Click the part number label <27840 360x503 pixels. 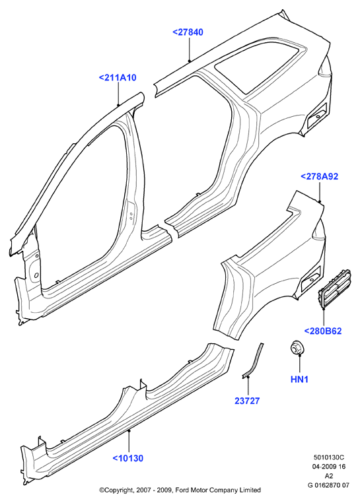pos(188,32)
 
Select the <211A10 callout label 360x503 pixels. pos(118,78)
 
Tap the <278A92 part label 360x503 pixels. pos(319,177)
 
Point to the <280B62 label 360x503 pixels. pos(323,331)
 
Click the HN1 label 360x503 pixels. pos(299,379)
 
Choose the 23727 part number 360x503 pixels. pos(247,401)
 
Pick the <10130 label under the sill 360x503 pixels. pos(127,458)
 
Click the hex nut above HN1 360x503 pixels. pos(297,348)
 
